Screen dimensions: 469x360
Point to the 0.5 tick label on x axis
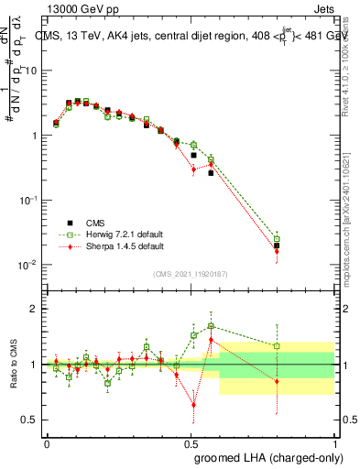coord(190,442)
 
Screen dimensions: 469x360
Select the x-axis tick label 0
coord(47,442)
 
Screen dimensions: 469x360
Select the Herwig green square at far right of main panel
coord(277,239)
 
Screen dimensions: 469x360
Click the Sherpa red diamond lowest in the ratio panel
coord(193,404)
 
